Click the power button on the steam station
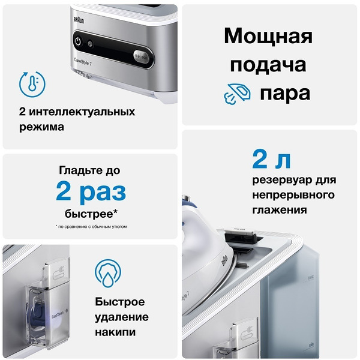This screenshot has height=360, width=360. click(77, 42)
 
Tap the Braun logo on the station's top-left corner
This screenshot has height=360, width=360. click(76, 19)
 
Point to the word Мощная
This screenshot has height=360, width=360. click(268, 36)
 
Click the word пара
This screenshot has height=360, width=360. click(285, 94)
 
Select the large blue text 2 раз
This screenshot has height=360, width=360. click(91, 192)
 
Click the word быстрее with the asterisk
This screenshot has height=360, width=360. click(91, 214)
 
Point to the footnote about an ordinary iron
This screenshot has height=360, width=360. click(91, 227)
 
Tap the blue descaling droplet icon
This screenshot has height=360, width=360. click(108, 273)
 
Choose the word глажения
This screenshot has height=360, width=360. click(280, 210)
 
